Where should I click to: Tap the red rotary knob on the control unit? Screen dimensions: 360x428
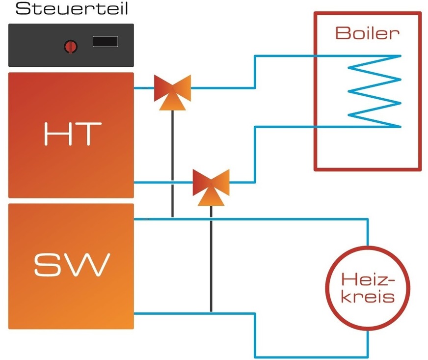click(x=70, y=47)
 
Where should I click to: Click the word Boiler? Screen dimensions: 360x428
click(x=367, y=33)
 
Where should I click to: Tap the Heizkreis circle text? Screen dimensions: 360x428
click(x=367, y=288)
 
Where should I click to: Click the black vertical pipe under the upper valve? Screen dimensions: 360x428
click(x=172, y=162)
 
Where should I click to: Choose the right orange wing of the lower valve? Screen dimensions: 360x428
click(x=222, y=181)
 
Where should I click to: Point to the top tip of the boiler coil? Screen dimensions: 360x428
click(x=400, y=55)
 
